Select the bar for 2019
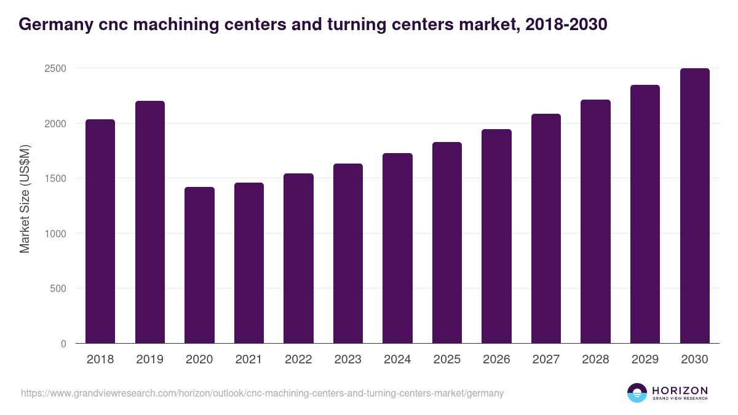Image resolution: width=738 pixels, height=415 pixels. [150, 222]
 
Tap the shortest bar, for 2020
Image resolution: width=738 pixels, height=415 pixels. [199, 265]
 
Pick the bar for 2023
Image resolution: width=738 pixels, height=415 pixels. [348, 253]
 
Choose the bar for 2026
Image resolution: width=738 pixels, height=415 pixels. [496, 236]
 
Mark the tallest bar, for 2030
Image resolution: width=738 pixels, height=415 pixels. [694, 206]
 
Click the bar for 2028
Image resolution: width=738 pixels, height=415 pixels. [595, 221]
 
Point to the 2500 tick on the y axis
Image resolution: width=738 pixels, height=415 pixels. [55, 68]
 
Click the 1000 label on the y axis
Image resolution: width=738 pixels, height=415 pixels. [55, 234]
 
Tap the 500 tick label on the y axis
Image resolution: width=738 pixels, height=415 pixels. [58, 288]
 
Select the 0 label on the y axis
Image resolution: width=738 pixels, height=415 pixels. [63, 344]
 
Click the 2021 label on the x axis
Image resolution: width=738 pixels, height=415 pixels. [249, 360]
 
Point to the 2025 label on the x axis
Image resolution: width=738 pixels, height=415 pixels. [447, 360]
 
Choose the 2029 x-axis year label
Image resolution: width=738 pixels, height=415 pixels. [645, 360]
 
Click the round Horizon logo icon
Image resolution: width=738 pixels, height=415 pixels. [637, 393]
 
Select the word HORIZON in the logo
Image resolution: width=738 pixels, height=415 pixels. [680, 390]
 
